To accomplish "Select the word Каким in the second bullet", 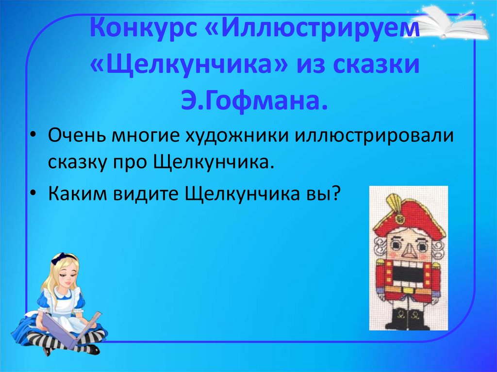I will (79, 195).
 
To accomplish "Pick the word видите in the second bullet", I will (149, 195).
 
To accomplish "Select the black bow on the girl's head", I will (66, 256).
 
